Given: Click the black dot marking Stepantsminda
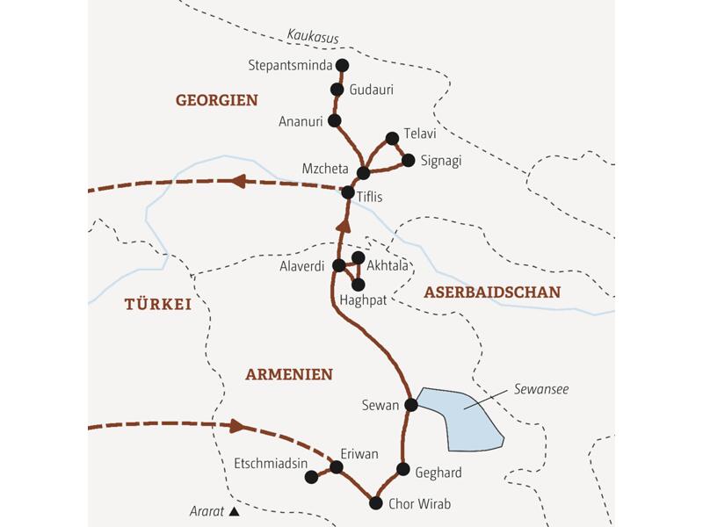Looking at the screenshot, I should click(x=343, y=64).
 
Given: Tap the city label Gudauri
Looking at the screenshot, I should click(x=371, y=90).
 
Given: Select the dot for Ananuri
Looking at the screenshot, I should click(x=333, y=120).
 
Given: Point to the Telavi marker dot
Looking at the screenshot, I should click(x=393, y=137).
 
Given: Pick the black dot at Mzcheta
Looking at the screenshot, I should click(x=363, y=171).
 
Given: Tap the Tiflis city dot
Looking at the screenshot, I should click(x=348, y=192).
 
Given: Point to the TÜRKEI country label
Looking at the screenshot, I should click(x=157, y=305).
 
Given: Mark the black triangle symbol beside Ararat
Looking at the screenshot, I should click(x=234, y=510).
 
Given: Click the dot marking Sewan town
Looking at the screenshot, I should click(x=410, y=405).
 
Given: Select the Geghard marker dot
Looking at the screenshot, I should click(x=403, y=469).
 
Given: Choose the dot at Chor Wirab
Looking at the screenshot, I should click(x=376, y=503).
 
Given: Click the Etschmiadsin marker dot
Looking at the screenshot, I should click(x=310, y=477).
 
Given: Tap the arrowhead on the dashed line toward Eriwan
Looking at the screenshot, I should click(x=236, y=427).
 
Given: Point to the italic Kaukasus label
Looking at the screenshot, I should click(x=312, y=37).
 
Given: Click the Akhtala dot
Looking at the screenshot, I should click(x=358, y=257).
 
